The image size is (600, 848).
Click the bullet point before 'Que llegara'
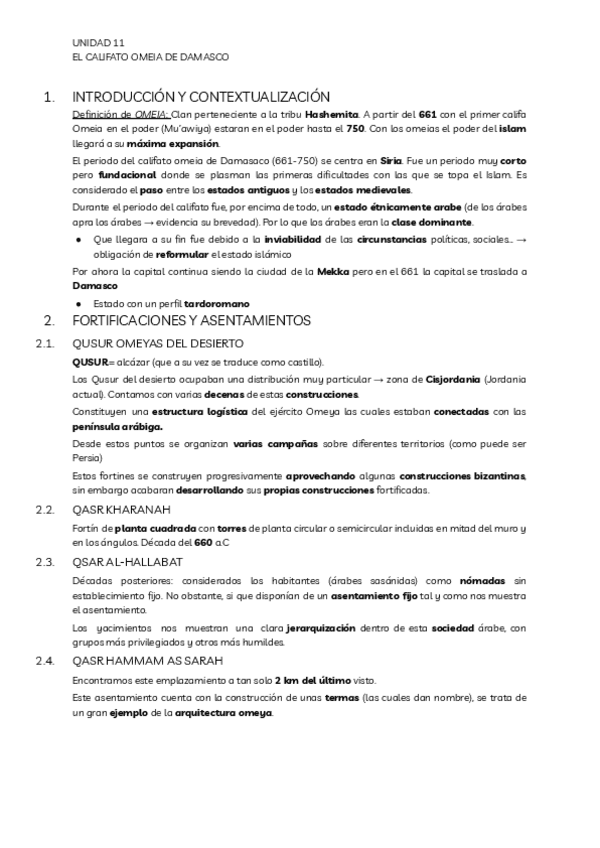79,240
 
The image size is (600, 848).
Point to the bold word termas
343,698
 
